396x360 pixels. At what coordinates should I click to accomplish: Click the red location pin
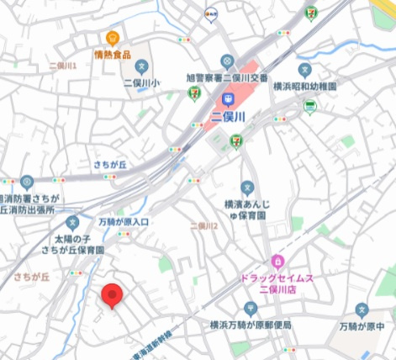113,296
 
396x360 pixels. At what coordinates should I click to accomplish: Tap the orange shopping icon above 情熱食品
114,38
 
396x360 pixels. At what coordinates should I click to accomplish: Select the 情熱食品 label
114,56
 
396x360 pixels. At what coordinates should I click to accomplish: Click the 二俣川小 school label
142,82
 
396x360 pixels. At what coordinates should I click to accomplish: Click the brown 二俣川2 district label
203,226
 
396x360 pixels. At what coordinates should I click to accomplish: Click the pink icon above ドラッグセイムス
277,261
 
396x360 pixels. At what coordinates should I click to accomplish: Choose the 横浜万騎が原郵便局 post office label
251,325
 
